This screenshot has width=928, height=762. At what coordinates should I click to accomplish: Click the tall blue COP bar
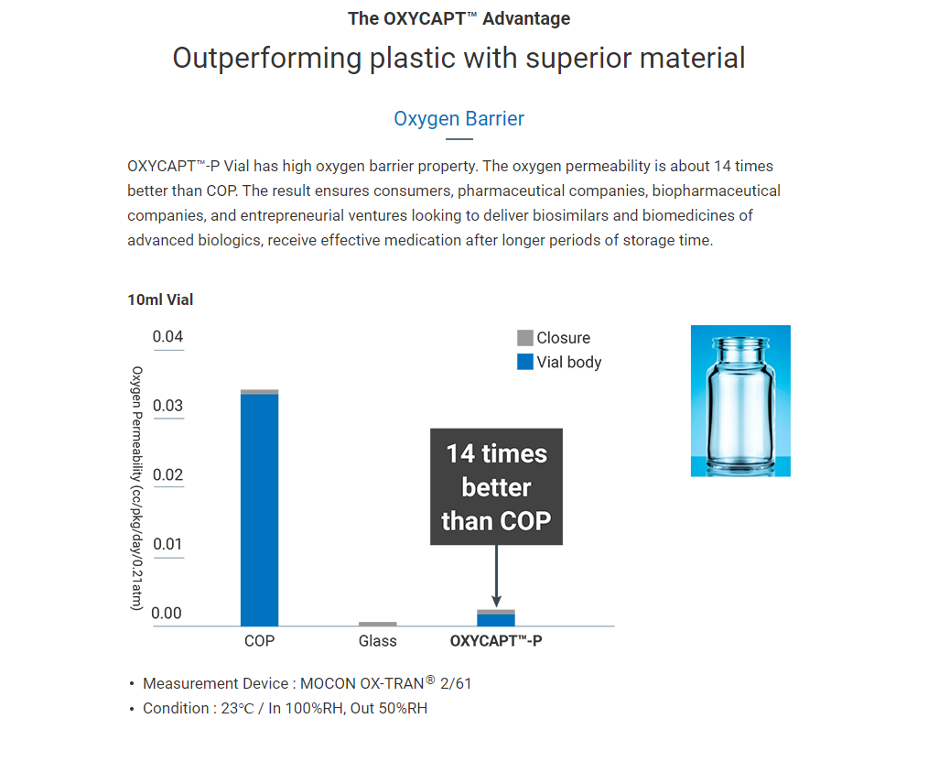(259, 510)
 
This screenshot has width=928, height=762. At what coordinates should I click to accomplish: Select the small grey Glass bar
(378, 624)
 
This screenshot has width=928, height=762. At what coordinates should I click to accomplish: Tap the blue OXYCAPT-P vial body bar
(496, 620)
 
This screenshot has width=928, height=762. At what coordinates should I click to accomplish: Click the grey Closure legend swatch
(525, 338)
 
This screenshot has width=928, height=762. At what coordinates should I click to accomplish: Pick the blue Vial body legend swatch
(525, 362)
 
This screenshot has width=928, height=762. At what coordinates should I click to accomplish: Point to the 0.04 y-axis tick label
(168, 337)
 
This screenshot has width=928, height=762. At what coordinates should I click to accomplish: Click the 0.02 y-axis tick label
(168, 474)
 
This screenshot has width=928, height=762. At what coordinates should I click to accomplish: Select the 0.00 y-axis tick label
(167, 614)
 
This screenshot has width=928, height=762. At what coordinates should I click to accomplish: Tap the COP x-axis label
(259, 641)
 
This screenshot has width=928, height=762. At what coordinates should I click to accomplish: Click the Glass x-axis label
(378, 641)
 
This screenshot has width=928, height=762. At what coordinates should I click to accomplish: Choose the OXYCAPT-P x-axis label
(496, 641)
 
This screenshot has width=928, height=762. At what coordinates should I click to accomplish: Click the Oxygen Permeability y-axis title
(136, 488)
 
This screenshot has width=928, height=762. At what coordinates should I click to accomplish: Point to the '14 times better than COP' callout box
(497, 486)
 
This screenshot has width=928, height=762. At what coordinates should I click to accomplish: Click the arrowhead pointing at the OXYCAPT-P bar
(497, 601)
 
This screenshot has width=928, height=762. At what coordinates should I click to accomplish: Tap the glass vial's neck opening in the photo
(741, 343)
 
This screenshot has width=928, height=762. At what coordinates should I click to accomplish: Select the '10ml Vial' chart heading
(160, 300)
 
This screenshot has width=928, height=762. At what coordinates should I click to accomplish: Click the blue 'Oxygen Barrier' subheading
(459, 119)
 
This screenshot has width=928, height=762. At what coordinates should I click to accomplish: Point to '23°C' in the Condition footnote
(238, 709)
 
